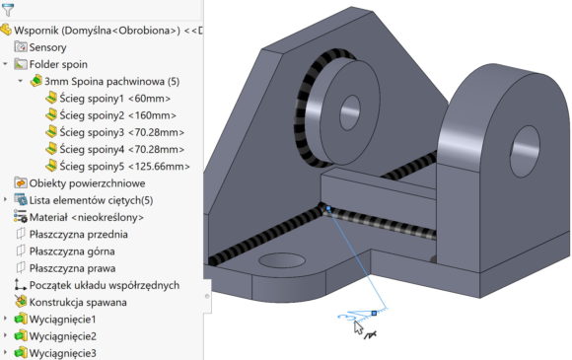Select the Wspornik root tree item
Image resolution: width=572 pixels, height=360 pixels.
pos(99,30)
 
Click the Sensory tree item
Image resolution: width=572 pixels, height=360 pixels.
pos(48,46)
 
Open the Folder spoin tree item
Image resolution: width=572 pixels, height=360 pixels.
pos(60,63)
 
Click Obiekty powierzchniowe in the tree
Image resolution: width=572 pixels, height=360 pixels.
pos(87,182)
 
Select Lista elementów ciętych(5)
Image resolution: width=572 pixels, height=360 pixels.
pos(91,199)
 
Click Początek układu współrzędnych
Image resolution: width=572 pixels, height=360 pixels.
pos(104,285)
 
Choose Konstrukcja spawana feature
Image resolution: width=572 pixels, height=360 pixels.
pos(84,302)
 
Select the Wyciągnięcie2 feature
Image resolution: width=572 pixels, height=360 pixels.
pos(63,335)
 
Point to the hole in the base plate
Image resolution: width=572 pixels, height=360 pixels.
pos(273,262)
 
